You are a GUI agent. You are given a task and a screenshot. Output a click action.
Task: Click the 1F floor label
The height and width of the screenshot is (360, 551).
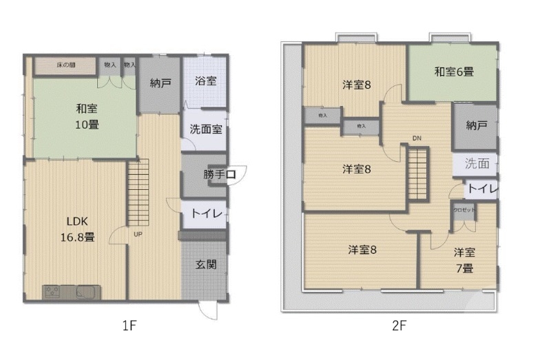coord(129,326)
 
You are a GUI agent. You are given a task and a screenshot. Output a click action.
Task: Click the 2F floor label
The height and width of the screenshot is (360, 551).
coord(399,326)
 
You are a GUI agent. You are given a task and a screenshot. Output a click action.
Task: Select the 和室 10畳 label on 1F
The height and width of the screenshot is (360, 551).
coord(87,116)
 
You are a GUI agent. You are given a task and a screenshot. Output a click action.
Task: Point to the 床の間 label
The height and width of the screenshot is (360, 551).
coord(65,65)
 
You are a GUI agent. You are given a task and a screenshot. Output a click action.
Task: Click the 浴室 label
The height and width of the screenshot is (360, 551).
coord(205,81)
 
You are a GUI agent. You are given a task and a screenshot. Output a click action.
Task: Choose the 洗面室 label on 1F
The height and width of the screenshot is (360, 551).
coord(205,129)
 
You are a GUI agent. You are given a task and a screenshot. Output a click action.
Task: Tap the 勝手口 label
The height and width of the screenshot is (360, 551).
coord(220,175)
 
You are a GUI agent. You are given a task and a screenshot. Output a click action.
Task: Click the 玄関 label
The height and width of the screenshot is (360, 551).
coord(206,264)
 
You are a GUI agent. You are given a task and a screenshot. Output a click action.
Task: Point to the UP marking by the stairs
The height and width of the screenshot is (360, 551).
coord(138,235)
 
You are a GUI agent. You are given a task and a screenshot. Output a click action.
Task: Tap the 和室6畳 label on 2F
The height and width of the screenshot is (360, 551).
coord(453,71)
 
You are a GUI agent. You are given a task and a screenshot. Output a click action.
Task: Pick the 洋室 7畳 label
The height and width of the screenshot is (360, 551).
coord(464,260)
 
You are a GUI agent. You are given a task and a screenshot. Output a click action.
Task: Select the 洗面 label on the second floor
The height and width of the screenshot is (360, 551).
coord(477,164)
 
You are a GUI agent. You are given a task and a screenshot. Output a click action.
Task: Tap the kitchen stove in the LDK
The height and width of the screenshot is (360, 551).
coord(52,292)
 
